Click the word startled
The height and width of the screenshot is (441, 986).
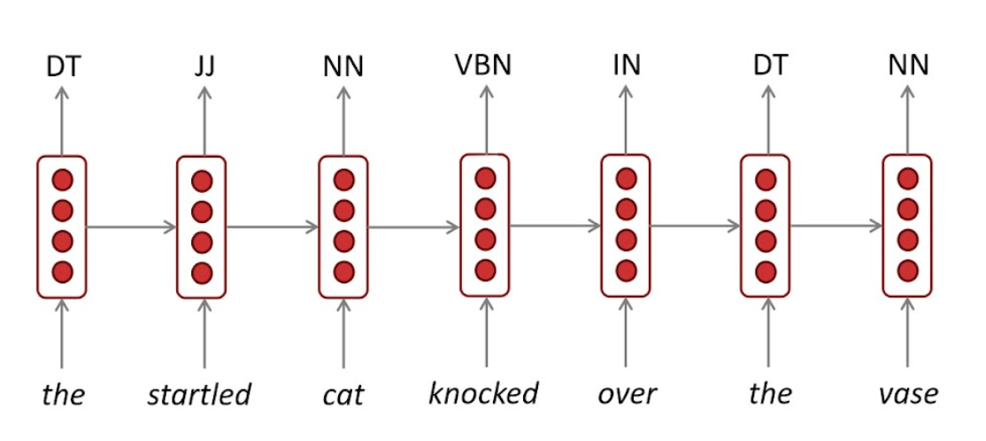(199, 392)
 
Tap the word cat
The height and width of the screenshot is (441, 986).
(343, 393)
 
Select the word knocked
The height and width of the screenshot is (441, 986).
(483, 392)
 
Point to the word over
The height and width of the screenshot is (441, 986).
(626, 393)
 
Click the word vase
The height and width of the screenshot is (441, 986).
(907, 393)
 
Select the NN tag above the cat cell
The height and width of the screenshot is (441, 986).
(343, 66)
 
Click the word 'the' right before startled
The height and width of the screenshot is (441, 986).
(63, 392)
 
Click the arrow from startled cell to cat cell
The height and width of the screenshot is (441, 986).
(272, 227)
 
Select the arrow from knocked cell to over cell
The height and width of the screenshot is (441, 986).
(555, 226)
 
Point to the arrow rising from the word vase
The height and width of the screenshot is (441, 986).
(907, 331)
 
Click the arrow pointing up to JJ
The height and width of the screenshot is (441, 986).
(204, 121)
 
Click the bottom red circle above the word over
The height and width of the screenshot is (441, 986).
(627, 270)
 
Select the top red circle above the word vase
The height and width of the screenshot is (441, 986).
(907, 179)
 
